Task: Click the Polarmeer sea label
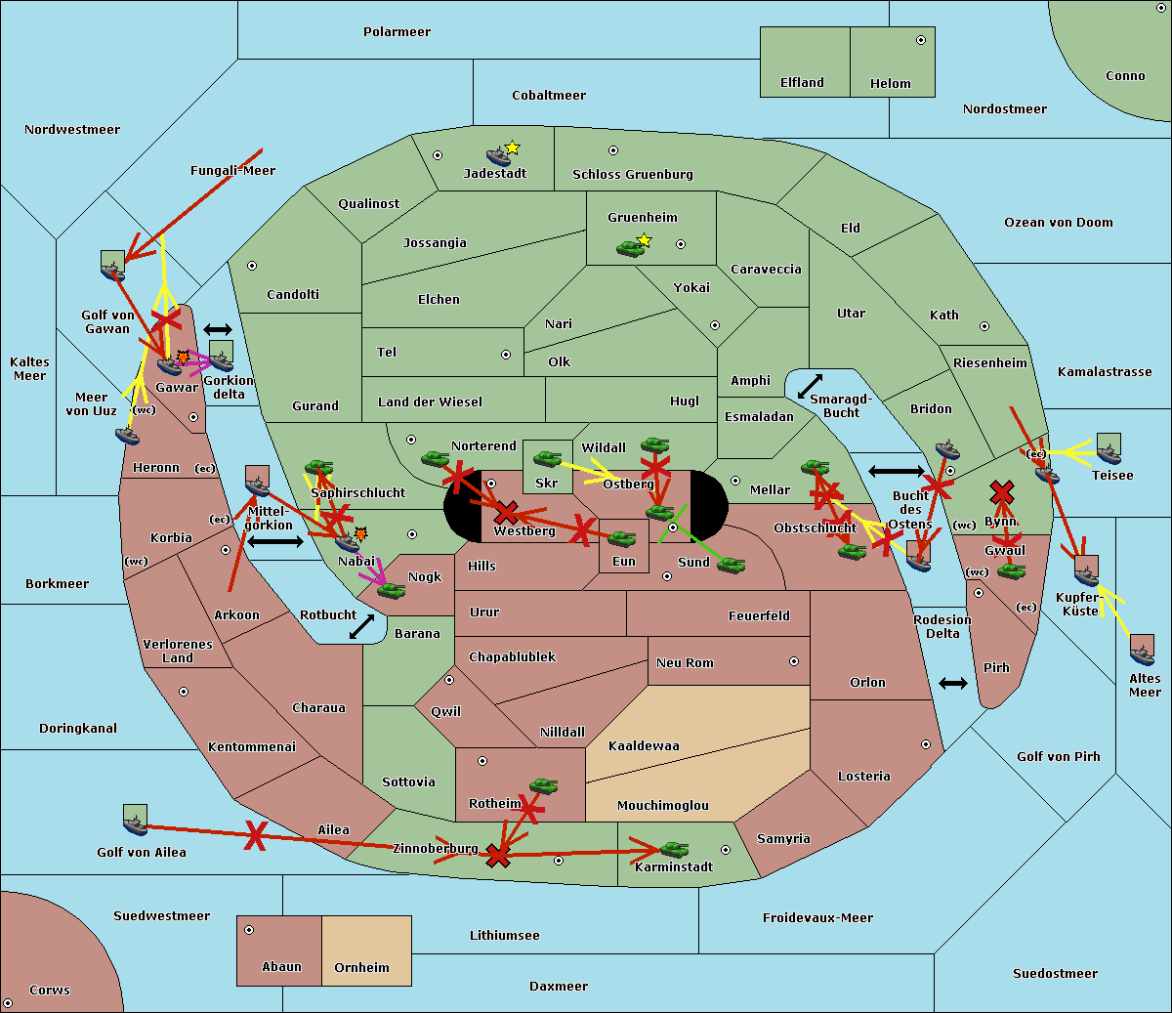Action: tap(397, 32)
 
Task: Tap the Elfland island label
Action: tap(802, 83)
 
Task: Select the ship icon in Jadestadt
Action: tap(498, 156)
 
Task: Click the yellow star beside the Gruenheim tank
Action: tap(645, 240)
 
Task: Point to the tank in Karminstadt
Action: tap(674, 849)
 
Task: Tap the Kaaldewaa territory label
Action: tap(644, 746)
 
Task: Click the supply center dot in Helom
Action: tap(921, 40)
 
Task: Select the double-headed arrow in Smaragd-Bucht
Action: tap(810, 386)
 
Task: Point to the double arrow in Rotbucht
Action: tap(361, 627)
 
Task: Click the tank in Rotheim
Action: tap(543, 785)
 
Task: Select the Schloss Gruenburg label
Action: tap(633, 175)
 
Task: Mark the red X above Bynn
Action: tap(1002, 492)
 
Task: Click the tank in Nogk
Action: tap(392, 591)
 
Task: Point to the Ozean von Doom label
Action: tap(1059, 223)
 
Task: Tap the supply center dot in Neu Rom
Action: tap(794, 661)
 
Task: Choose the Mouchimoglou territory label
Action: tap(663, 805)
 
